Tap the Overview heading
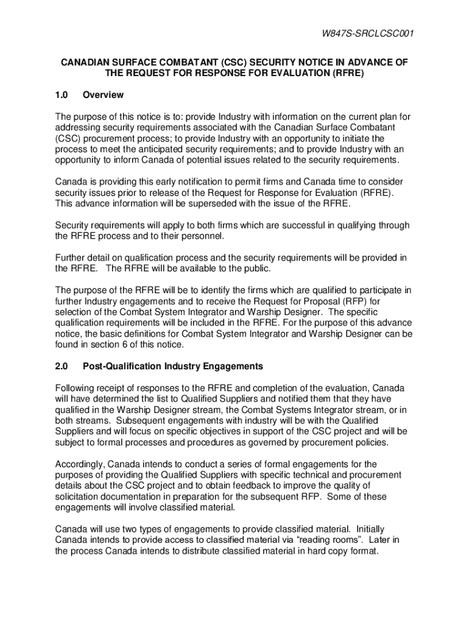pos(103,95)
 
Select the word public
pos(256,268)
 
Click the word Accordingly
pos(80,464)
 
